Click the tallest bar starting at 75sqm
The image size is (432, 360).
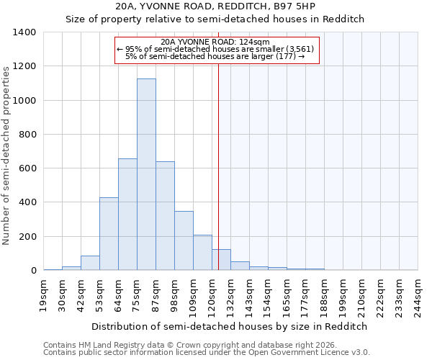[x=146, y=174]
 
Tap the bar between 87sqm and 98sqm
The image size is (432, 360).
[x=165, y=216]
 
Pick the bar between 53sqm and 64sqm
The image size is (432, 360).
[x=109, y=234]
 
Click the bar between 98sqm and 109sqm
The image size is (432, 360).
[x=184, y=240]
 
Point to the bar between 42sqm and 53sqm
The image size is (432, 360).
[x=90, y=263]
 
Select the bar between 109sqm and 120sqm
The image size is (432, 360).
[x=202, y=253]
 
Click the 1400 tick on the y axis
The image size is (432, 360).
[x=24, y=32]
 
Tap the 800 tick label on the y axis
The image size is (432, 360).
[x=27, y=135]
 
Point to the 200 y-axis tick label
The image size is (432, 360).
[x=27, y=237]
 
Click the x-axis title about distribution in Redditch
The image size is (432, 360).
[x=230, y=326]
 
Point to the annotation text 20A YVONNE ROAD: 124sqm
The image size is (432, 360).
[x=215, y=42]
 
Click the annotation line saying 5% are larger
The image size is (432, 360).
[x=215, y=56]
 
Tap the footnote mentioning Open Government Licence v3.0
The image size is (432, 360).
[x=207, y=353]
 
